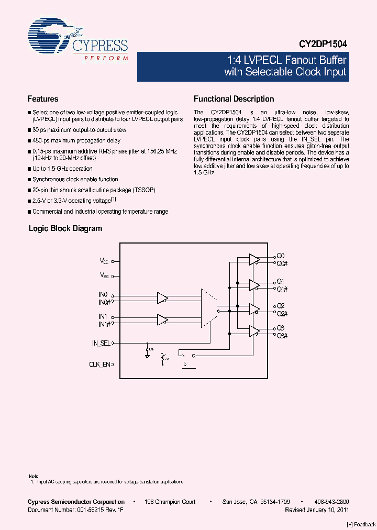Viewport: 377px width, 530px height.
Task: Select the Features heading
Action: click(43, 99)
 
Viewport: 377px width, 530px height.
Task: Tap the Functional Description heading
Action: click(234, 99)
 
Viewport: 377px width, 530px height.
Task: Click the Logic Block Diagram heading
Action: click(65, 228)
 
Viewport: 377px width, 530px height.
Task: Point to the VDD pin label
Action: click(105, 261)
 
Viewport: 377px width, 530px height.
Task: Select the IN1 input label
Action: click(103, 317)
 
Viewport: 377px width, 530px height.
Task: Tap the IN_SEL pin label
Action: click(101, 344)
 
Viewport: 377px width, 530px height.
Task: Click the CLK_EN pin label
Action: click(99, 364)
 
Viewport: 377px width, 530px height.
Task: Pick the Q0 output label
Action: click(280, 256)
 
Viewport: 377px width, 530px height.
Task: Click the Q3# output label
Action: click(282, 335)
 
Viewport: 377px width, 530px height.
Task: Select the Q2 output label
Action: click(281, 305)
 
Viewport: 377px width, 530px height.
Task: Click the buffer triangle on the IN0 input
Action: click(162, 298)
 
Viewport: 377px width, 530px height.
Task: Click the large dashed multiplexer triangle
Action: click(209, 308)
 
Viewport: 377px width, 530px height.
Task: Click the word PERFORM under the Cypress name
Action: click(106, 58)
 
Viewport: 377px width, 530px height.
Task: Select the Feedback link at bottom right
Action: click(361, 524)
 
